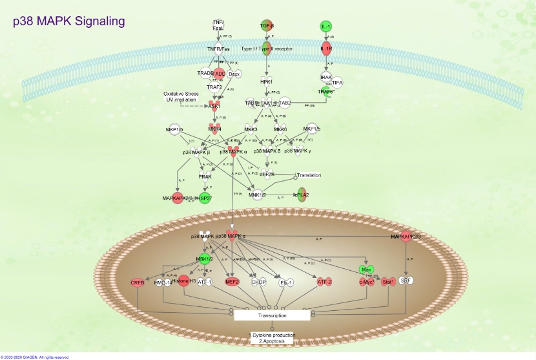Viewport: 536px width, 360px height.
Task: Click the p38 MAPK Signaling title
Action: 69,22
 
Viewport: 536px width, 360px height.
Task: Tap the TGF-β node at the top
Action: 267,26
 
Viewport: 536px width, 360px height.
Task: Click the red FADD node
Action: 219,74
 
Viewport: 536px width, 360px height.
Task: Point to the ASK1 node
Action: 214,106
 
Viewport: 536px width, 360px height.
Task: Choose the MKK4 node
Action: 214,129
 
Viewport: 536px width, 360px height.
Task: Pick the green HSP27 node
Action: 205,197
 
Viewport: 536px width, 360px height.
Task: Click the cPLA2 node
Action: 302,195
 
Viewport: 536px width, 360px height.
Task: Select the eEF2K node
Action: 268,174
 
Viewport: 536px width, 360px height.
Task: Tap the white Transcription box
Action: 272,315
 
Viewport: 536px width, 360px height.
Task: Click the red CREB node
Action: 138,282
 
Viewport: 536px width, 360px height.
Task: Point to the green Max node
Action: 367,269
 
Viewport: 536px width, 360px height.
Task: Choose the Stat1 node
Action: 387,282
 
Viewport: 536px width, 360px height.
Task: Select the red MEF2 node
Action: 232,282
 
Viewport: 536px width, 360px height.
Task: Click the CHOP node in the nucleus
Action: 258,282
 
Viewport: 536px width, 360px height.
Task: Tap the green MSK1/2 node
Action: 204,259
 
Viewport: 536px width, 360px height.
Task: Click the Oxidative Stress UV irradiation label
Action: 181,97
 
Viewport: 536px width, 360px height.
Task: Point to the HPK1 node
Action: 267,82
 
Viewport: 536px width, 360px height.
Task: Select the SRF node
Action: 406,281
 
